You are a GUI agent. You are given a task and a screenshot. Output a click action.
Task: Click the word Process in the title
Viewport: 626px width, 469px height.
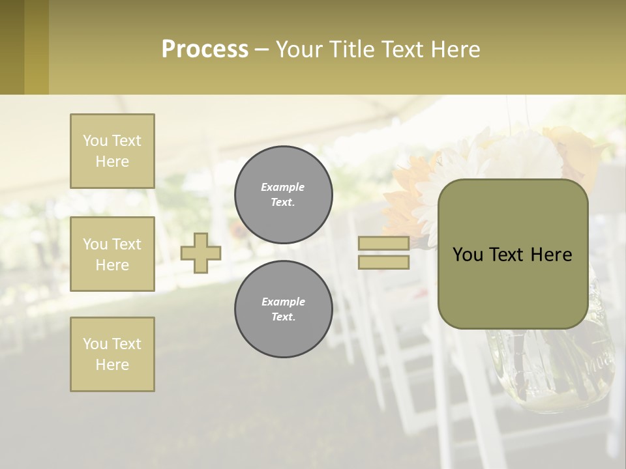205,50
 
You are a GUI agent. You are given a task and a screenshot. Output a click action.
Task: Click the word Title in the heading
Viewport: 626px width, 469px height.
351,50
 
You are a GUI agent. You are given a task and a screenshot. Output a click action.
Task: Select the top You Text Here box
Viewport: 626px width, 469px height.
112,151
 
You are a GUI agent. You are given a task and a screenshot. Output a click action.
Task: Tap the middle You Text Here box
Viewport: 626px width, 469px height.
112,254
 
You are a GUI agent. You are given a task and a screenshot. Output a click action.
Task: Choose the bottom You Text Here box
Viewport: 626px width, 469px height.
112,354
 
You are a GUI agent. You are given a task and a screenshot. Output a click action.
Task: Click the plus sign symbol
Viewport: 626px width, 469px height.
201,253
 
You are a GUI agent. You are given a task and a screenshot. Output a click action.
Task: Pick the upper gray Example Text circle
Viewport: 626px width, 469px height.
283,195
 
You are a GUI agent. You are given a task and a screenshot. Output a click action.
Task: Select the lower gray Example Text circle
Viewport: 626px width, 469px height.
283,309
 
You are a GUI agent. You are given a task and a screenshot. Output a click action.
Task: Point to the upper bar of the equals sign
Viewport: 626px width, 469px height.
383,243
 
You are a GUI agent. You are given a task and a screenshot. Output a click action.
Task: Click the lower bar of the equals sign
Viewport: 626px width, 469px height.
383,263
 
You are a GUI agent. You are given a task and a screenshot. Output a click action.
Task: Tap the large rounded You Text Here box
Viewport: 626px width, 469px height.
513,254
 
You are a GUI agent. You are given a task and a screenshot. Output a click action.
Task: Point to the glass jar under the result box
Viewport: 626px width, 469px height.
554,371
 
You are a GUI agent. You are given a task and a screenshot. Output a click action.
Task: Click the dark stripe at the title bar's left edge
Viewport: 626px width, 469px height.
12,47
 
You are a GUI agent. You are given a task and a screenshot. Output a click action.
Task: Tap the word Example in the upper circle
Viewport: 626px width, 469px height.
283,187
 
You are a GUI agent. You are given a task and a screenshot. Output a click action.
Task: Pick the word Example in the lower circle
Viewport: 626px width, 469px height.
283,302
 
